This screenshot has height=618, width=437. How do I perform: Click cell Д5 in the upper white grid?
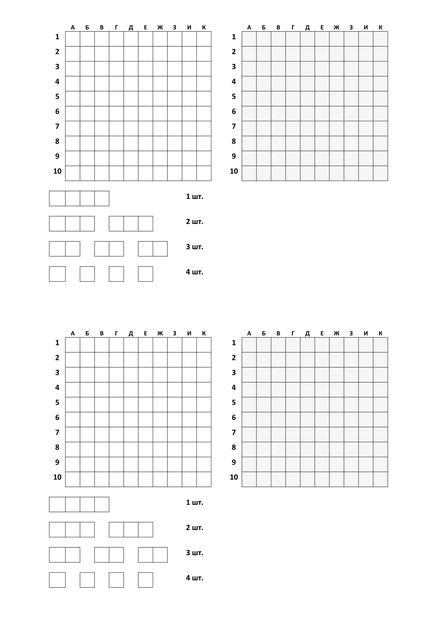pyautogui.click(x=131, y=98)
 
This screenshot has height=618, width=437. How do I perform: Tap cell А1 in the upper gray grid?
pyautogui.click(x=249, y=39)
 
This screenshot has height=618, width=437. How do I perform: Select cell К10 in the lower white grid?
pyautogui.click(x=204, y=479)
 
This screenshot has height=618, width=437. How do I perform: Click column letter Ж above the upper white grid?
pyautogui.click(x=160, y=27)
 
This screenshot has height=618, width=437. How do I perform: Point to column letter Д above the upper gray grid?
pyautogui.click(x=307, y=27)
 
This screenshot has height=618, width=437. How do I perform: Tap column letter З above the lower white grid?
pyautogui.click(x=175, y=334)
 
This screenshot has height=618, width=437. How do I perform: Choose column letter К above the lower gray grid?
pyautogui.click(x=380, y=334)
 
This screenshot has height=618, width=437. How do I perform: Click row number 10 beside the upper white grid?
pyautogui.click(x=57, y=171)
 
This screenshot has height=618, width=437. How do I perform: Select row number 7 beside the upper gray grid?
pyautogui.click(x=234, y=126)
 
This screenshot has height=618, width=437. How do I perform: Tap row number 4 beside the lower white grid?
pyautogui.click(x=57, y=388)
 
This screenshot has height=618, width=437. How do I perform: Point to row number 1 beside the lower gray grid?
pyautogui.click(x=234, y=343)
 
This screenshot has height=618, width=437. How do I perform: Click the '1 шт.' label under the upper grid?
pyautogui.click(x=195, y=197)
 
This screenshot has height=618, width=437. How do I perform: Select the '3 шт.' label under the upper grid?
pyautogui.click(x=195, y=247)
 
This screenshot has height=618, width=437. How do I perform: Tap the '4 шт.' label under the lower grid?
pyautogui.click(x=195, y=578)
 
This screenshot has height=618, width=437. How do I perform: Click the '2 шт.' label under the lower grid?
pyautogui.click(x=195, y=528)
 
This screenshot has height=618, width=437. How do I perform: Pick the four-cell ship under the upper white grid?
pyautogui.click(x=79, y=198)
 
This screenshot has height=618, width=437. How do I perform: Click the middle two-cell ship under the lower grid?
pyautogui.click(x=109, y=555)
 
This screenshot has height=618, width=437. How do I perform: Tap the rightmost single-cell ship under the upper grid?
pyautogui.click(x=145, y=274)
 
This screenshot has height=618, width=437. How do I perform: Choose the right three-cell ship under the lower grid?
pyautogui.click(x=131, y=529)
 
